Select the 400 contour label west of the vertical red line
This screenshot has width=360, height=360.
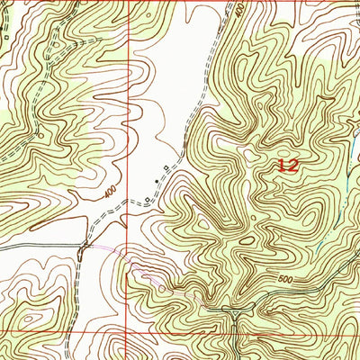coord(110,192)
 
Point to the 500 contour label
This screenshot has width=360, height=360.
coord(285,280)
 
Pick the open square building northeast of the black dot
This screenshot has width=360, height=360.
coord(166,169)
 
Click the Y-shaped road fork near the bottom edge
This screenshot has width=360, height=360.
coord(232,313)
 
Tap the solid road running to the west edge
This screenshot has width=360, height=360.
coord(36,245)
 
